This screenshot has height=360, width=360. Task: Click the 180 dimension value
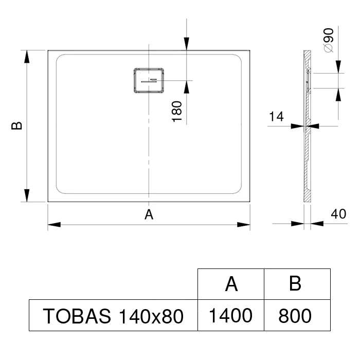point(177,112)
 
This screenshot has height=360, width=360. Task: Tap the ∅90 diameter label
point(328,40)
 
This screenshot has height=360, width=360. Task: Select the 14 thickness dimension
point(276,116)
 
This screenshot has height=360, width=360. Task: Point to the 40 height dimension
point(338,214)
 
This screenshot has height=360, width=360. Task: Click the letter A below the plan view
point(149,214)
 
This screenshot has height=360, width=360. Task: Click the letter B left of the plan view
point(17,126)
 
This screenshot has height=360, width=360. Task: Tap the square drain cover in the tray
point(149,80)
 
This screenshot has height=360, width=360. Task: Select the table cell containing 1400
point(231,315)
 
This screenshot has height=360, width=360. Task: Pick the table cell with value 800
point(297,315)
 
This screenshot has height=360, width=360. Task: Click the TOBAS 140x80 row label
point(113,316)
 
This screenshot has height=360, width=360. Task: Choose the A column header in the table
point(231,284)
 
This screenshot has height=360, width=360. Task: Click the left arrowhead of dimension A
point(54,224)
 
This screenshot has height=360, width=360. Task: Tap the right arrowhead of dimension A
point(244,224)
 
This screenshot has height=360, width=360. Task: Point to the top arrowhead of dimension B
point(27,57)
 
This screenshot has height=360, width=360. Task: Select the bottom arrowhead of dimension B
point(27,195)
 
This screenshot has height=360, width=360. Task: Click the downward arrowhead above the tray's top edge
point(186,43)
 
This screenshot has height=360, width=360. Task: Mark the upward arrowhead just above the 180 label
point(186,87)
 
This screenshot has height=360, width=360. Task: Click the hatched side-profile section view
point(308,126)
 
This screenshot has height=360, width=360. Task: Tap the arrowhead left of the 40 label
point(298,223)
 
